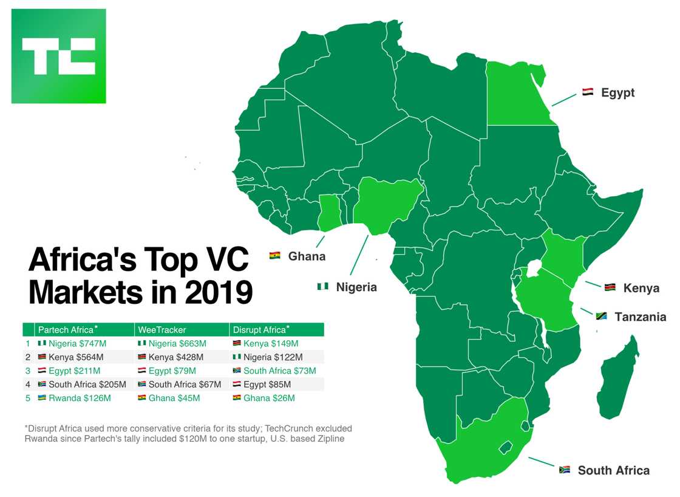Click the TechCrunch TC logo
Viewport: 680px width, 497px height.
pos(58,56)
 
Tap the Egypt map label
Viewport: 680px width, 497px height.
pos(617,93)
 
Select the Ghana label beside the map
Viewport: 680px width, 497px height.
pos(307,256)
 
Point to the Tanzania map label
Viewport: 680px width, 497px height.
pos(640,317)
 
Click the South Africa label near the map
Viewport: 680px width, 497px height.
pos(613,470)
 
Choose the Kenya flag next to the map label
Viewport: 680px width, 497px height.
pos(610,287)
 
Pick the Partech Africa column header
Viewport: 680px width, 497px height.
pos(66,330)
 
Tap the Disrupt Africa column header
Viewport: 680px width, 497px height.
pos(259,330)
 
